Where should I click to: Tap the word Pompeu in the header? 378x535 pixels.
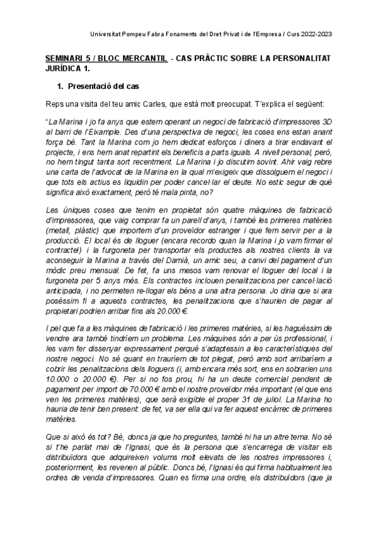tap(138, 33)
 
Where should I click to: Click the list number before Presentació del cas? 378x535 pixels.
tap(60, 85)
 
